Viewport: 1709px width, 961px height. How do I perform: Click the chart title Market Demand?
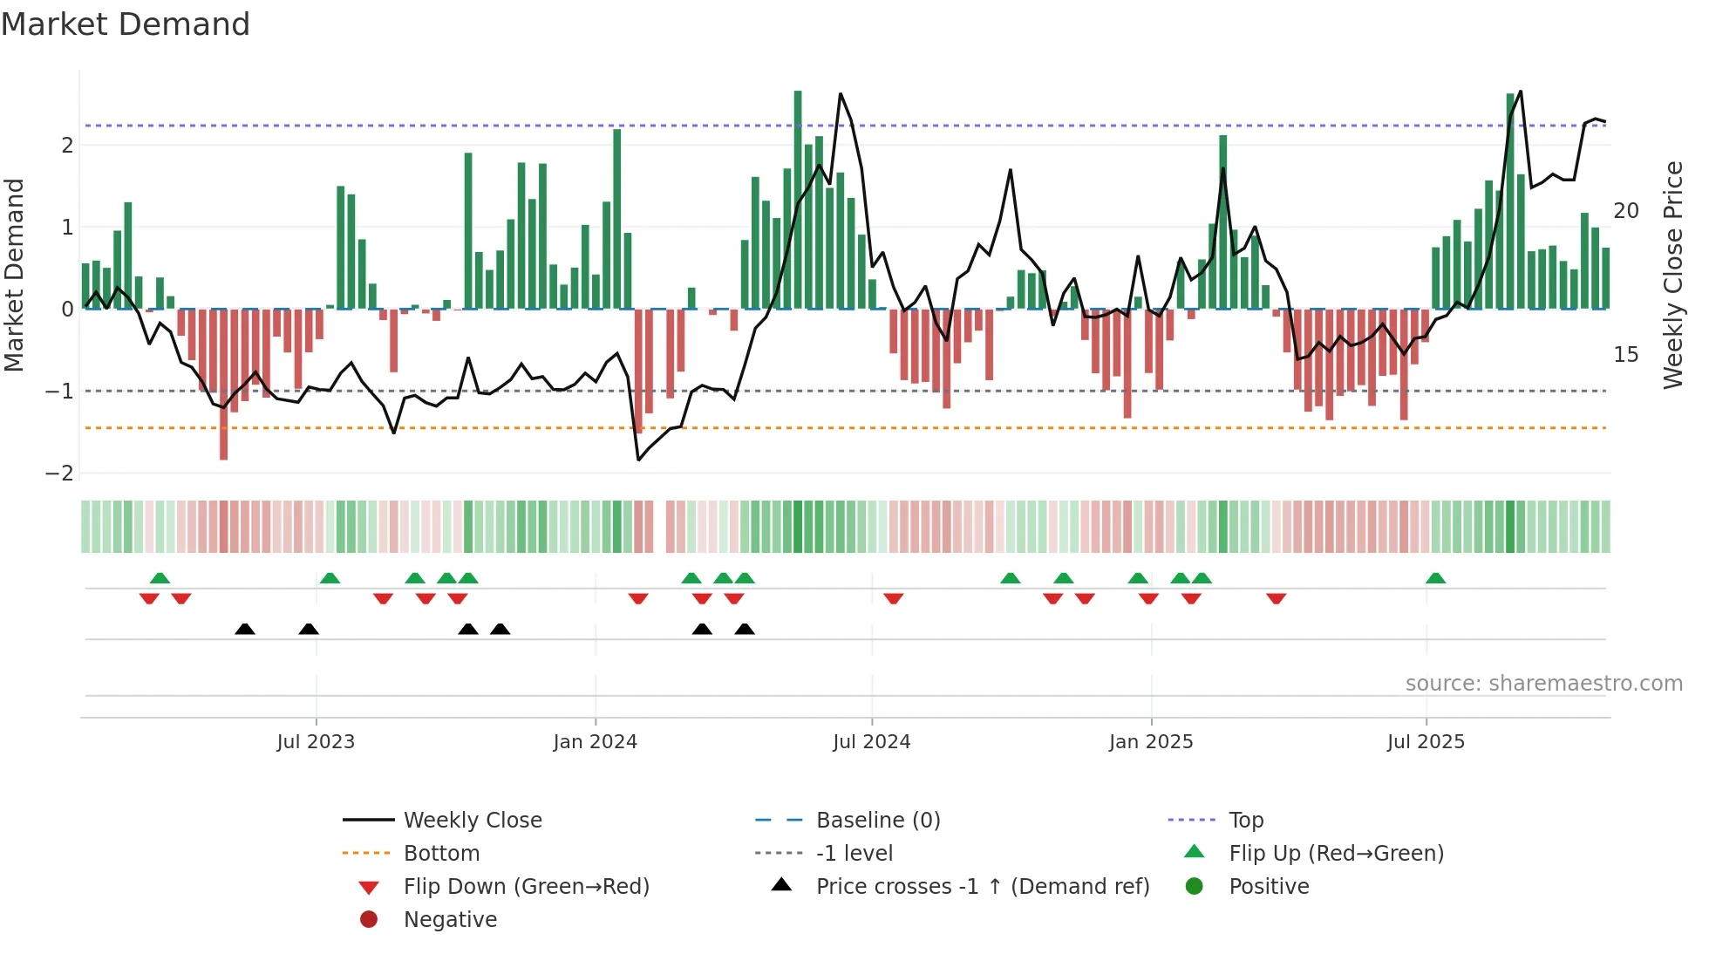coord(126,24)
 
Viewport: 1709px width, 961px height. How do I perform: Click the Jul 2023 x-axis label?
coord(316,742)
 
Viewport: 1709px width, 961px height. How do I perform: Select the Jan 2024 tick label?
coord(595,742)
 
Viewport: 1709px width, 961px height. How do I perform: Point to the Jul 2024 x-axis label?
coord(871,742)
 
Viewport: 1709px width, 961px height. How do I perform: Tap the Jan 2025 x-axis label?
coord(1151,742)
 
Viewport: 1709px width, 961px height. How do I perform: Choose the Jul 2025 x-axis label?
coord(1426,742)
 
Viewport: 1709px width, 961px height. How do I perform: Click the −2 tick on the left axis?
coord(60,474)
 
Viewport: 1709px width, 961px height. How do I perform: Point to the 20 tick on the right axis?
coord(1625,211)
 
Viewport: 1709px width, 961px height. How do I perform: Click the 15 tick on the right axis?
coord(1625,355)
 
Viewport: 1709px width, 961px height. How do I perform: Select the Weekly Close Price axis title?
coord(1672,275)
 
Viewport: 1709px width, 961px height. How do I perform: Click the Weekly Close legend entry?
coord(472,821)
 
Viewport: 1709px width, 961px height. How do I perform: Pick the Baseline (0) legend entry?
coord(877,821)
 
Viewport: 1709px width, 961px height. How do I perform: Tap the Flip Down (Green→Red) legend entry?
coord(526,887)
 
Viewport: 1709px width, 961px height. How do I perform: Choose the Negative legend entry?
coord(450,920)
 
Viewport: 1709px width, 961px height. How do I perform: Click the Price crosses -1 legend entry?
coord(982,887)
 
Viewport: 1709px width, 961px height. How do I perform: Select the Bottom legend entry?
coord(441,854)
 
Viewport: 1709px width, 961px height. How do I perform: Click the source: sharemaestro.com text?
coord(1543,684)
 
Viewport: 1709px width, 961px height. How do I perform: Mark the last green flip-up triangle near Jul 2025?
coord(1435,578)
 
